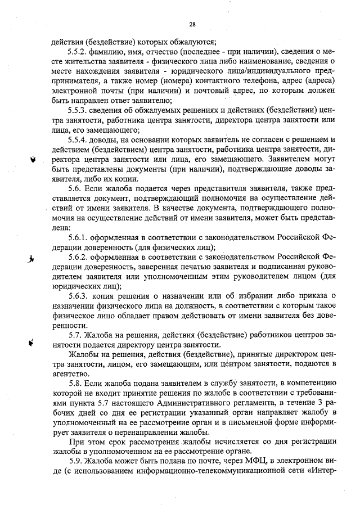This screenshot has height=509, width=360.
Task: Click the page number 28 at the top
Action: coord(192,24)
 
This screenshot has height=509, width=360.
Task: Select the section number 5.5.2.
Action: coord(78,50)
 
